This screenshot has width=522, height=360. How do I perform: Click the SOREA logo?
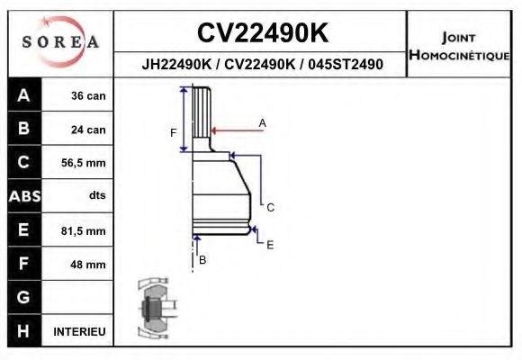[60, 42]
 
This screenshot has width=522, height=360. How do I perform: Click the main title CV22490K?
[262, 33]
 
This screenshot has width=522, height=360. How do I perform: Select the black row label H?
[24, 331]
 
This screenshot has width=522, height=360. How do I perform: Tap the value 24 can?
[88, 130]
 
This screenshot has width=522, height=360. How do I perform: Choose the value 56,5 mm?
[83, 164]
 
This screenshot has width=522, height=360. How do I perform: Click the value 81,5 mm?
[83, 231]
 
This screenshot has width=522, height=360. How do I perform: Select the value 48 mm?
[88, 265]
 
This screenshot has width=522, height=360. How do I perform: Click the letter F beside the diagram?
[174, 133]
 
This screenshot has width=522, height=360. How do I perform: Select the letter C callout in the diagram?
[270, 207]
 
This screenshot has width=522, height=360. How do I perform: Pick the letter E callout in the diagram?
[270, 244]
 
